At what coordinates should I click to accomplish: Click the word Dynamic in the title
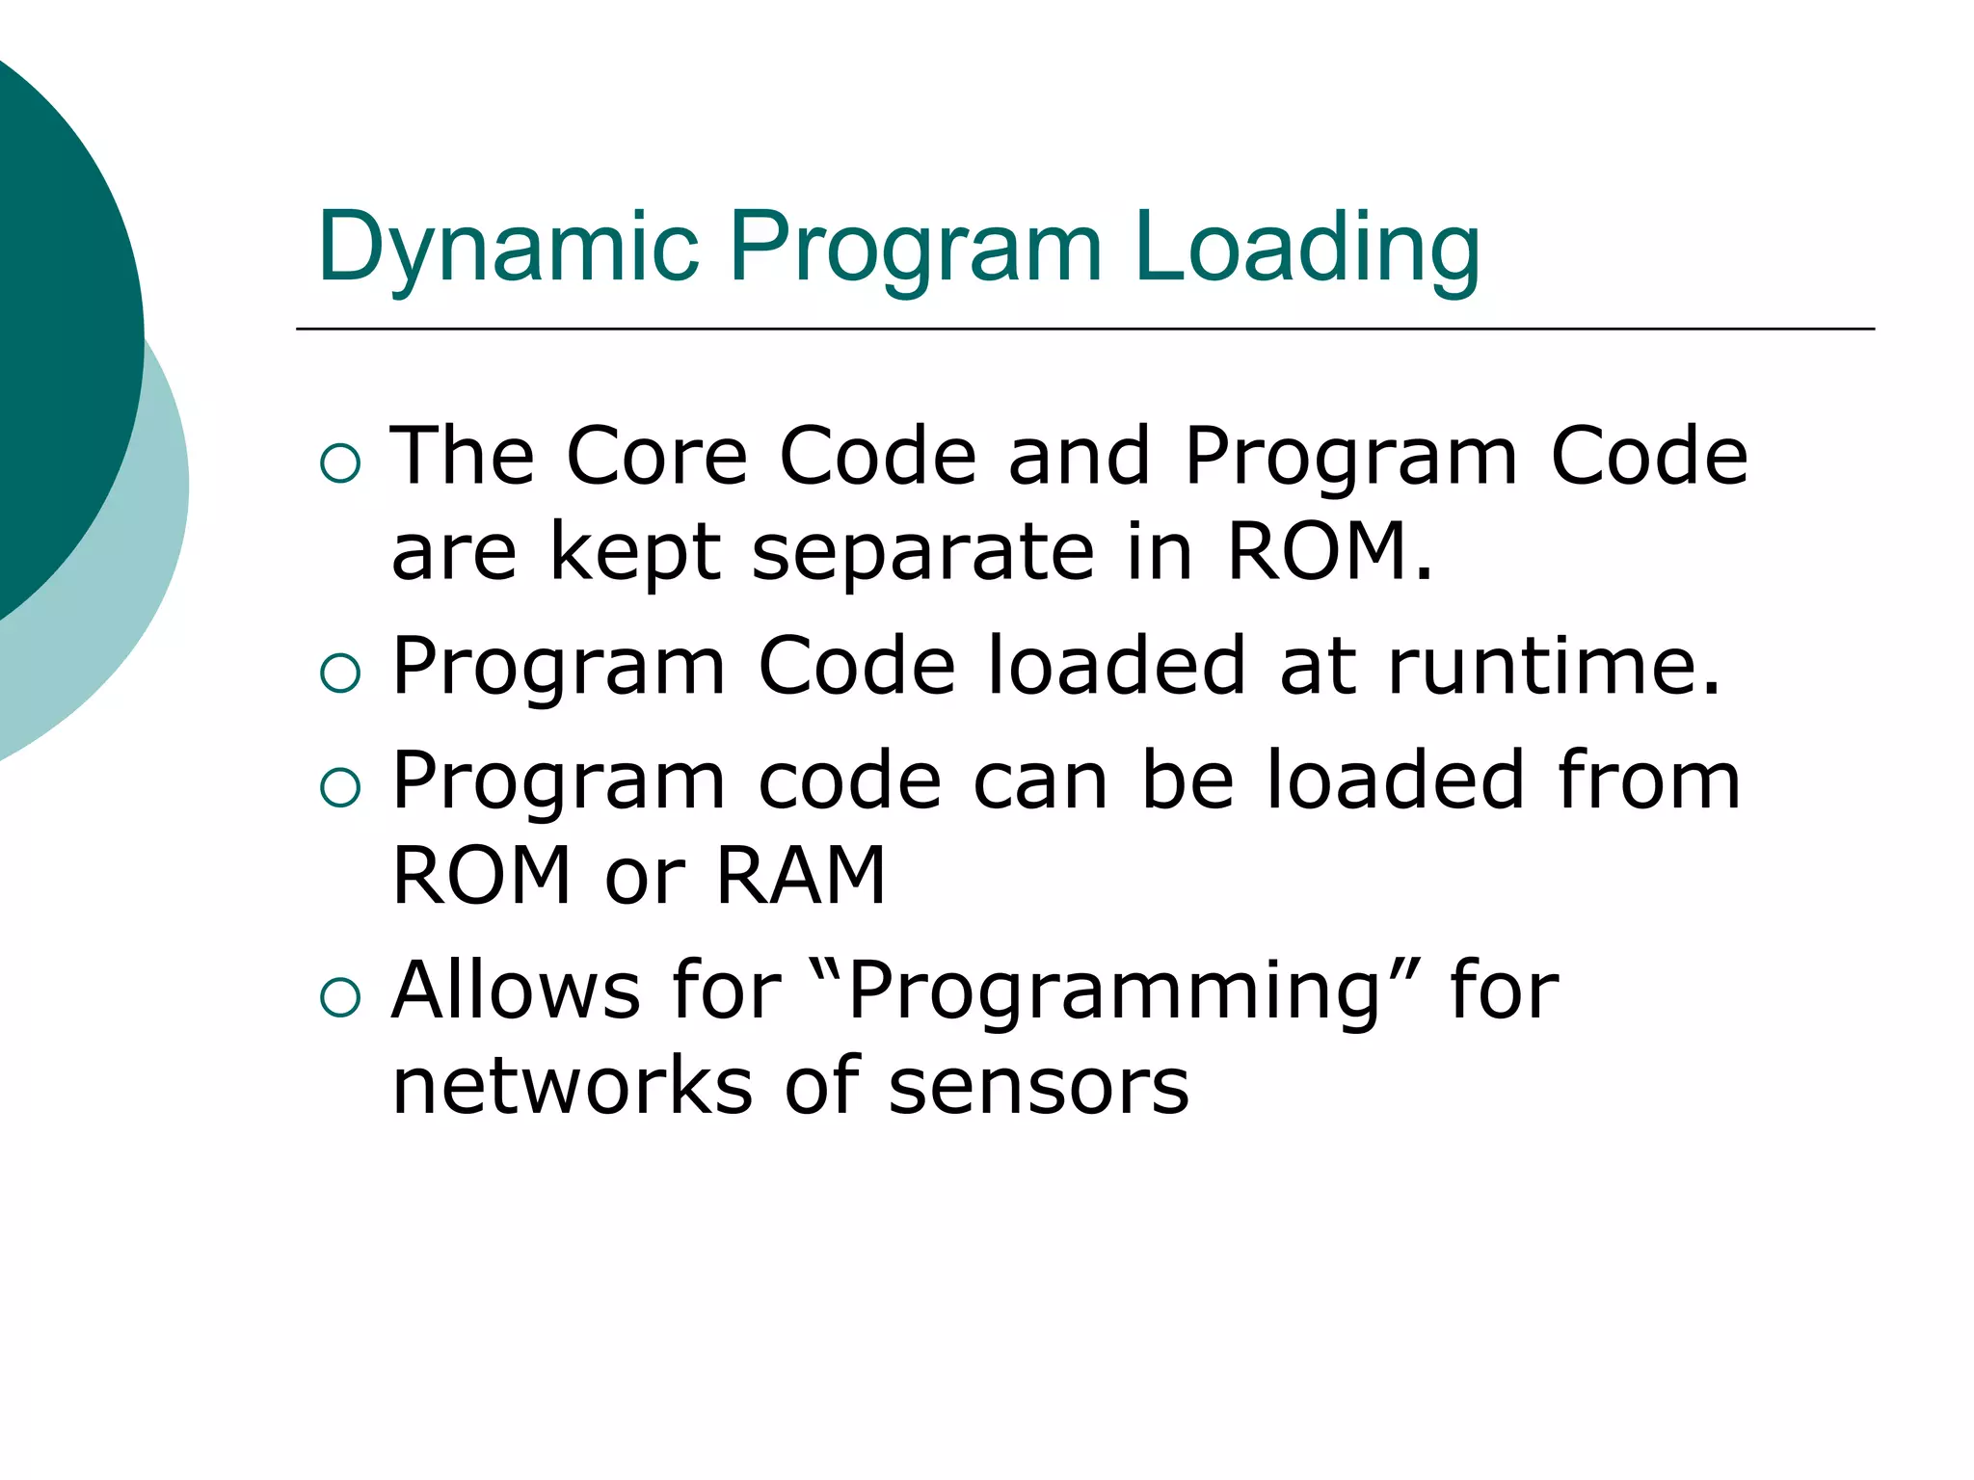(508, 249)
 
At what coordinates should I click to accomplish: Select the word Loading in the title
(1306, 249)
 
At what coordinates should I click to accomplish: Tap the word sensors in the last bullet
(1038, 1086)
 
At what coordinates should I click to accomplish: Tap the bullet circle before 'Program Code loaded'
(339, 674)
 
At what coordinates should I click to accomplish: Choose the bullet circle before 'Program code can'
(339, 788)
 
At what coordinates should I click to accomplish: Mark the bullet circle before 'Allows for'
(339, 998)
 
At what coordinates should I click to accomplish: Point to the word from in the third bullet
(1649, 780)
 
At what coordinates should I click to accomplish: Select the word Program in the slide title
(915, 249)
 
